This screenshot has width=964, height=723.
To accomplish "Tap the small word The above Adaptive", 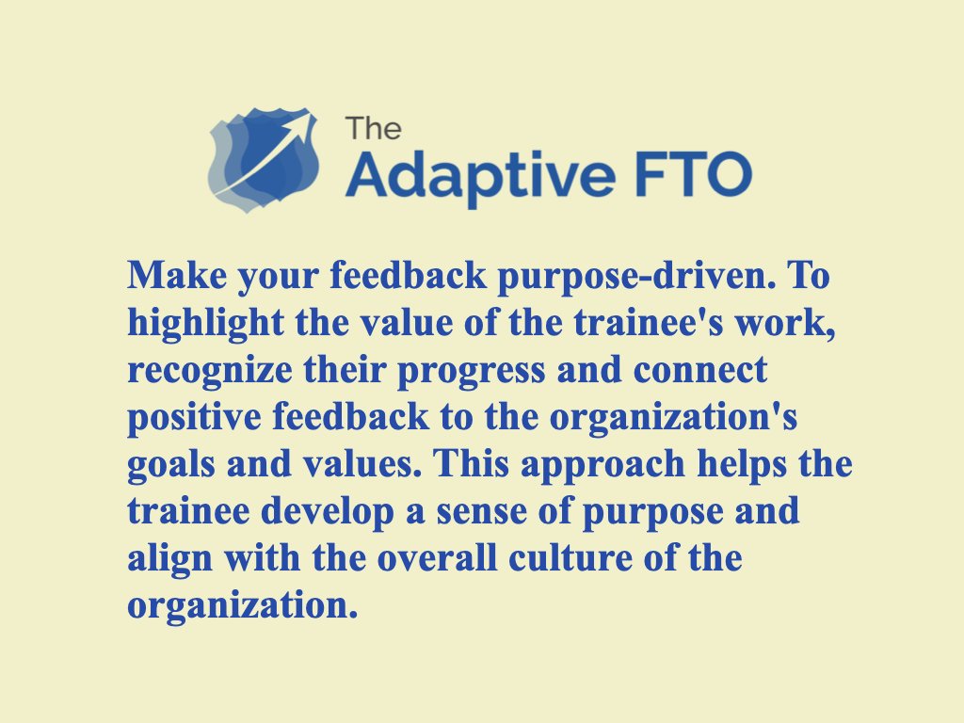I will click(x=373, y=127).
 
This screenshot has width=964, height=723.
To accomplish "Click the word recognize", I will click(x=197, y=371).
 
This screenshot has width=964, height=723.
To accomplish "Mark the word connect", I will click(x=700, y=371).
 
